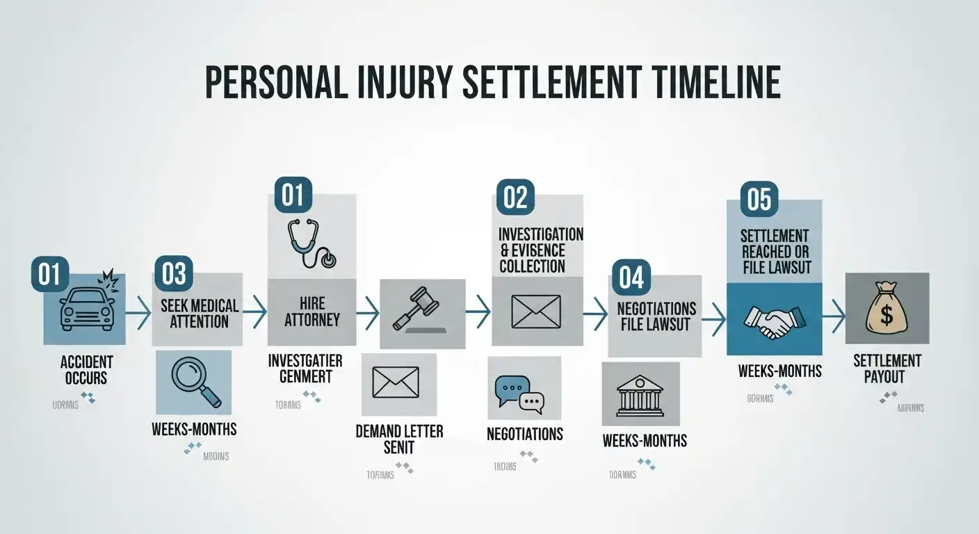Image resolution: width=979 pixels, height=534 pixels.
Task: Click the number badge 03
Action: click(x=173, y=273)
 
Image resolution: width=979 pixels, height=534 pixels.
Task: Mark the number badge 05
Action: click(x=759, y=200)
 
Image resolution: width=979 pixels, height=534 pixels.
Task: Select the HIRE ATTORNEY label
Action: click(x=311, y=312)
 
